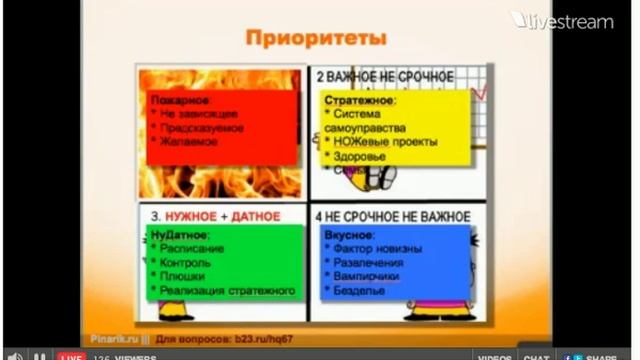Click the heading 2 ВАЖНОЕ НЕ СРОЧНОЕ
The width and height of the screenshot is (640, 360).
(385, 76)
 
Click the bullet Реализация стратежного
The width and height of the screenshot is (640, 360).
(228, 290)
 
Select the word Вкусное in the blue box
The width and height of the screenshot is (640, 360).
(349, 232)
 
